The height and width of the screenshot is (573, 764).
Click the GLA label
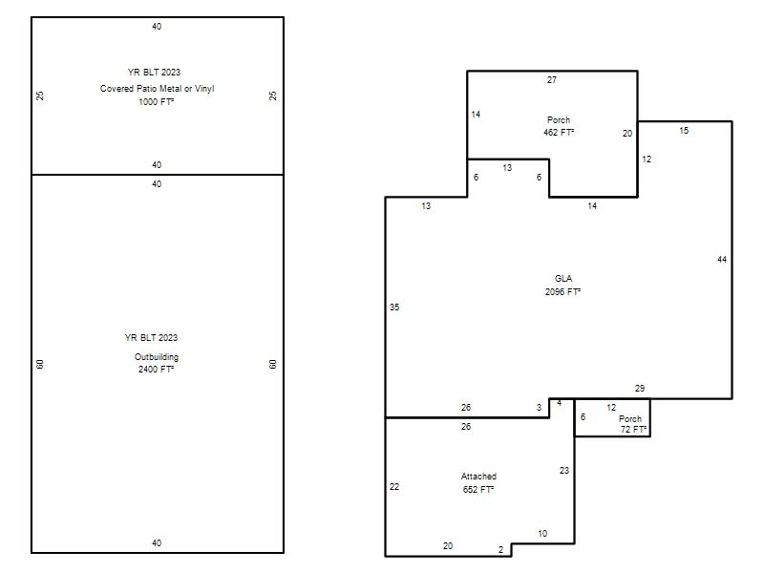[x=563, y=279]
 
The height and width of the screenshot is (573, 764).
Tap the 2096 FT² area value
[x=562, y=292]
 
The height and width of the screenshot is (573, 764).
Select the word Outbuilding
[x=157, y=357]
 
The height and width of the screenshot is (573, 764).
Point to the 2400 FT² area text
[x=156, y=370]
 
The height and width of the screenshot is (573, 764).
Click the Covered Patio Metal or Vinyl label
[x=157, y=89]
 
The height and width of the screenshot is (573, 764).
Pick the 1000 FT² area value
[x=156, y=102]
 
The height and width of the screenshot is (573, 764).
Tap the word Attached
[x=478, y=477]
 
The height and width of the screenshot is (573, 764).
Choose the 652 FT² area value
[x=478, y=490]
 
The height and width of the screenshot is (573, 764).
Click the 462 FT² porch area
[x=559, y=133]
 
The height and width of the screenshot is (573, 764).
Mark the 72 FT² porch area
[x=633, y=429]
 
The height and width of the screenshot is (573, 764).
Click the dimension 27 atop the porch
[x=552, y=80]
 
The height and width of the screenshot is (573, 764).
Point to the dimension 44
[x=722, y=260]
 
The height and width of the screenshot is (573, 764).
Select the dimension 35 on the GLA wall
[x=394, y=308]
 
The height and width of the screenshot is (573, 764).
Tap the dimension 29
[x=640, y=389]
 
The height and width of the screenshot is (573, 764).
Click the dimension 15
[x=684, y=131]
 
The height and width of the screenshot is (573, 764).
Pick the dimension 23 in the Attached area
[x=564, y=471]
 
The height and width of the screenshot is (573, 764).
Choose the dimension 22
[x=394, y=487]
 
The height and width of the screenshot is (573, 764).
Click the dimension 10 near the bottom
[x=542, y=534]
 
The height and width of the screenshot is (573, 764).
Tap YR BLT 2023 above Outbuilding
[x=151, y=338]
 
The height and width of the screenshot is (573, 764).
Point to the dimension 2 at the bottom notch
[x=500, y=550]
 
